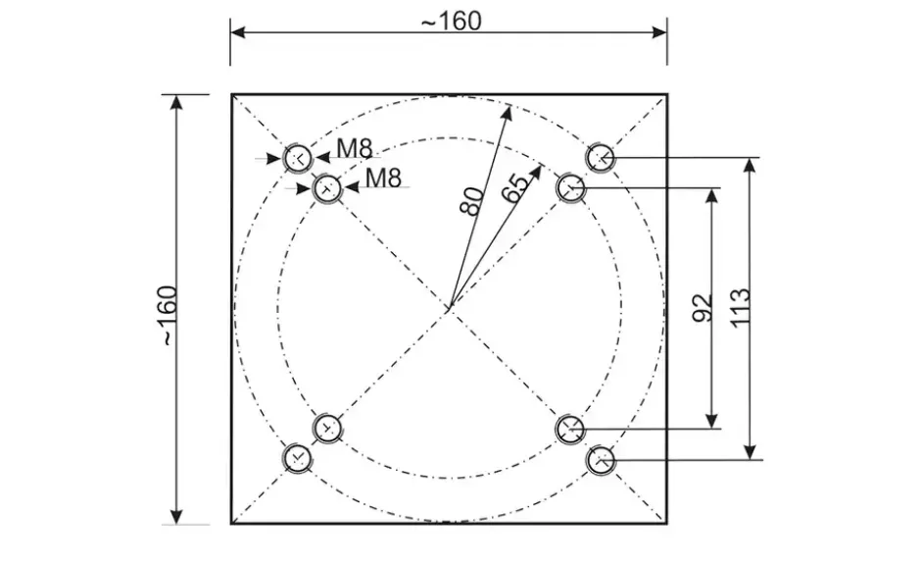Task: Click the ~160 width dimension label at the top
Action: [x=451, y=22]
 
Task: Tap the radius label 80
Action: [x=472, y=201]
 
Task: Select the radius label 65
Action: [x=514, y=188]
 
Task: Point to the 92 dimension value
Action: [x=703, y=308]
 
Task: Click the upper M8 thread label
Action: [x=354, y=149]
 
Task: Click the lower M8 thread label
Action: [x=383, y=178]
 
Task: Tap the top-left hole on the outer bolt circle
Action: [x=297, y=158]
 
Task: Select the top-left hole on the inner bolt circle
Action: [x=326, y=188]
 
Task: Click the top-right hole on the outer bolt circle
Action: [x=601, y=157]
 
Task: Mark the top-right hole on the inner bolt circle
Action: [x=570, y=187]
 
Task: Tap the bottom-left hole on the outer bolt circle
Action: [x=297, y=458]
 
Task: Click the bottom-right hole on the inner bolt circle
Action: [x=570, y=429]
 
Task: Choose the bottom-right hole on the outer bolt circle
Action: [x=601, y=460]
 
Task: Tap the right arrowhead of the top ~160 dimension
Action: [x=659, y=31]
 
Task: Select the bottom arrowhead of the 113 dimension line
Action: [x=750, y=450]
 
